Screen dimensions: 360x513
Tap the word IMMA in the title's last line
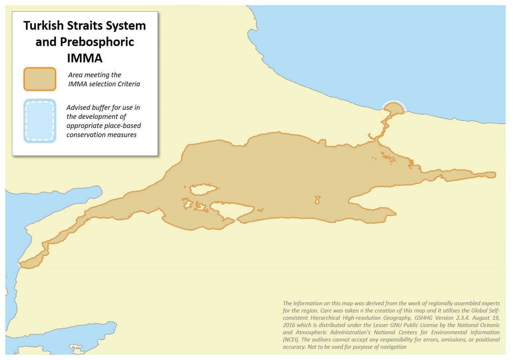pyautogui.click(x=84, y=58)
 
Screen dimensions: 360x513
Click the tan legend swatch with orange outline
pyautogui.click(x=40, y=79)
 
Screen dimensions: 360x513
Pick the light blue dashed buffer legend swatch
pyautogui.click(x=40, y=121)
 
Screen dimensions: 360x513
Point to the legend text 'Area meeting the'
pyautogui.click(x=95, y=75)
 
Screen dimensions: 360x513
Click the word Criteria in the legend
pyautogui.click(x=126, y=84)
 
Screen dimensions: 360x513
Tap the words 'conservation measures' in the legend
pyautogui.click(x=101, y=135)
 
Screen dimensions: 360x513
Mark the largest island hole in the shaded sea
pyautogui.click(x=203, y=189)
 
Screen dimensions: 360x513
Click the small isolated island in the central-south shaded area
pyautogui.click(x=317, y=199)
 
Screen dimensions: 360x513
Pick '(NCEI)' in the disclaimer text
pyautogui.click(x=291, y=340)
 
